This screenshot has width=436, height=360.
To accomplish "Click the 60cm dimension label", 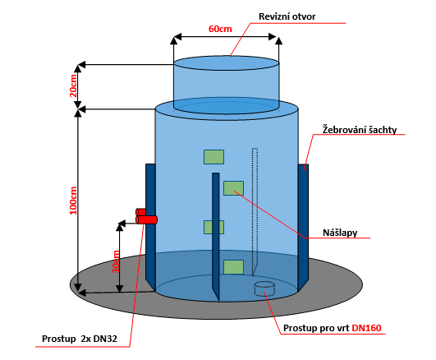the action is pyautogui.click(x=220, y=29).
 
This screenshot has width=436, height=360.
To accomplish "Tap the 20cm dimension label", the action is pyautogui.click(x=73, y=85).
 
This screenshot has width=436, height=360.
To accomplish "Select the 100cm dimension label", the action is pyautogui.click(x=73, y=201).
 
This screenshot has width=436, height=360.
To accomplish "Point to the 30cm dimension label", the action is pyautogui.click(x=116, y=262).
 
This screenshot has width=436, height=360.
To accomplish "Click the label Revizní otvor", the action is pyautogui.click(x=287, y=16).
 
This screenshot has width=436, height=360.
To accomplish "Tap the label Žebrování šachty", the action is pyautogui.click(x=360, y=130).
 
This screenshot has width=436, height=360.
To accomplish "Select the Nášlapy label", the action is pyautogui.click(x=340, y=233).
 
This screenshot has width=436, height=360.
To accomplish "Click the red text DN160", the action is pyautogui.click(x=366, y=328).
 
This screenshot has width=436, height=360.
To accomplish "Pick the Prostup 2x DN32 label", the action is pyautogui.click(x=80, y=339).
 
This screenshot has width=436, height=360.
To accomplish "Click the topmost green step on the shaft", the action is pyautogui.click(x=213, y=157).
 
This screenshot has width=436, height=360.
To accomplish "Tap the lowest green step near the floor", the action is pyautogui.click(x=233, y=267).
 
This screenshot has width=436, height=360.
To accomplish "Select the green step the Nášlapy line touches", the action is pyautogui.click(x=233, y=188).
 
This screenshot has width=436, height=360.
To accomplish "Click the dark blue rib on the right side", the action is pyautogui.click(x=303, y=227).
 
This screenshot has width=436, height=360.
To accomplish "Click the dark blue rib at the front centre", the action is pyautogui.click(x=216, y=237).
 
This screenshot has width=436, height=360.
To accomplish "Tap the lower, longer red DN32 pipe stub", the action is pyautogui.click(x=146, y=220).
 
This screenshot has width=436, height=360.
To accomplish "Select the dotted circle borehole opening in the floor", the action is pyautogui.click(x=264, y=288).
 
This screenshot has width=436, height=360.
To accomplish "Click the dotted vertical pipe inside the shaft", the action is pyautogui.click(x=255, y=211).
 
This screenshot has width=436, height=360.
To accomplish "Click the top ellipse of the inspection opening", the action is pyautogui.click(x=227, y=63).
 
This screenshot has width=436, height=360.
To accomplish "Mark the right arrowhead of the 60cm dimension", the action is pyautogui.click(x=273, y=36).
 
